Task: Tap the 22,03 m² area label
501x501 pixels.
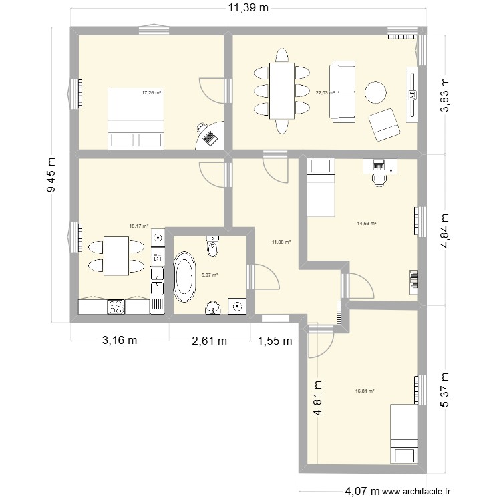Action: (325, 93)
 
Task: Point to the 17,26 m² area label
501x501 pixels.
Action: (151, 93)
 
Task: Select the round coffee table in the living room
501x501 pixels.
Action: (375, 93)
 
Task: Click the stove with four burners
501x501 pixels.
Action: (116, 307)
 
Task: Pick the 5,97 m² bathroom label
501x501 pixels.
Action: (209, 275)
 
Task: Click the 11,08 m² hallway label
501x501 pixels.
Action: (281, 242)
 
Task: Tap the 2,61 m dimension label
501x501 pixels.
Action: (209, 341)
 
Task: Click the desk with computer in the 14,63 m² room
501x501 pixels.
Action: (379, 166)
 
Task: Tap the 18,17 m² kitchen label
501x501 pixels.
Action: (138, 226)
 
